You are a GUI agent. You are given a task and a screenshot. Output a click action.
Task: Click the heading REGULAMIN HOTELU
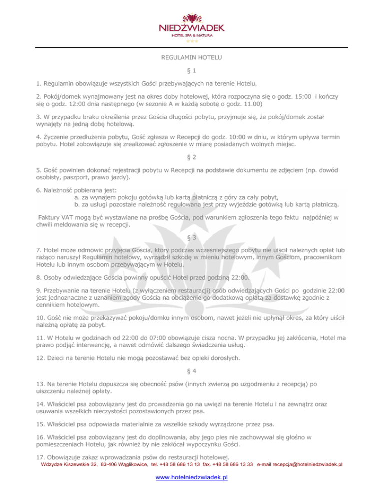(192, 58)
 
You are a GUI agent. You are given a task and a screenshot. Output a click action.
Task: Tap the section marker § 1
(192, 71)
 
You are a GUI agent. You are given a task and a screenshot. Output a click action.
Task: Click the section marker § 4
(192, 371)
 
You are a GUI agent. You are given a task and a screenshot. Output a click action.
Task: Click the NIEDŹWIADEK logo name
(192, 28)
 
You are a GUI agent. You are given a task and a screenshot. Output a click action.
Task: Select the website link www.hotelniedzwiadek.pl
(192, 478)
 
